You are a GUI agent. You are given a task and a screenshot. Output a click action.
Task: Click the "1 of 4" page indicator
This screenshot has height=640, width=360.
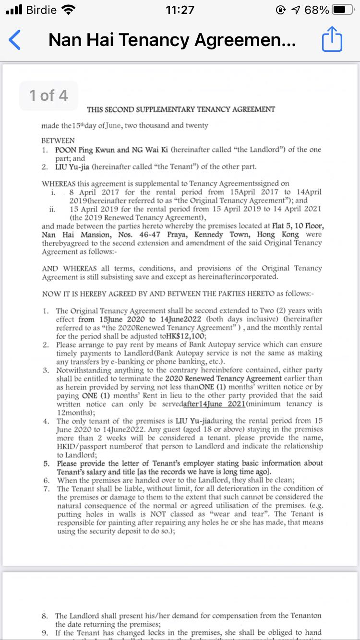tap(48, 95)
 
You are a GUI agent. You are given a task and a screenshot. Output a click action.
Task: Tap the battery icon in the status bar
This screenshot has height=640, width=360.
tap(346, 10)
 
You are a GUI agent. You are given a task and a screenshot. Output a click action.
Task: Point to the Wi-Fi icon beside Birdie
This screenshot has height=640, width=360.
tap(69, 10)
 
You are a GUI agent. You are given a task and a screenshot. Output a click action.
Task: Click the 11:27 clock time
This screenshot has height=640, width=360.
tap(180, 10)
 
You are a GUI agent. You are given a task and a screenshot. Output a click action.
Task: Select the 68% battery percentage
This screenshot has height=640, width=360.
tap(317, 10)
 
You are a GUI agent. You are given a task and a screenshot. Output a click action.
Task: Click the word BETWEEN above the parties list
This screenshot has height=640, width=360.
tap(58, 141)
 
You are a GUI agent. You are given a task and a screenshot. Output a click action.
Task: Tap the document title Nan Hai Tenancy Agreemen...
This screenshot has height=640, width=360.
tap(172, 40)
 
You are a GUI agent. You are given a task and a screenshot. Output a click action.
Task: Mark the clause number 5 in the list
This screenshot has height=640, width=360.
tap(46, 463)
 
